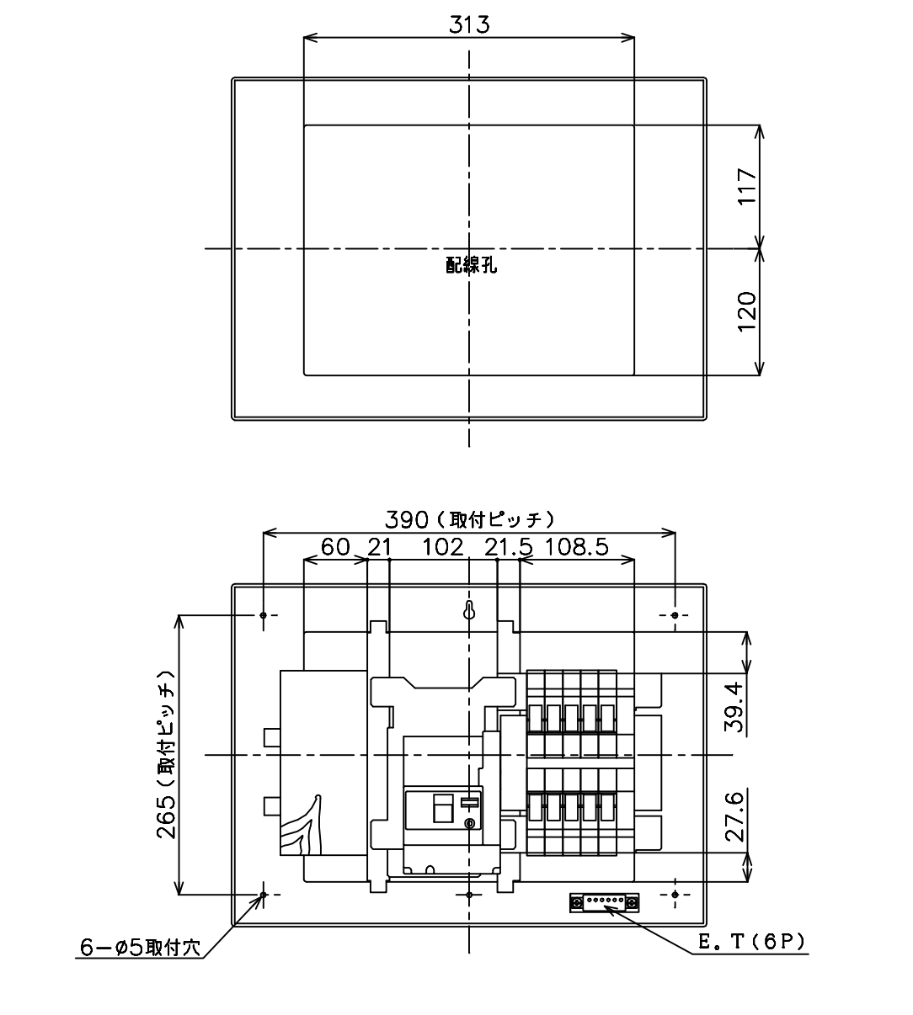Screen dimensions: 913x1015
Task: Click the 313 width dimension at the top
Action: point(469,24)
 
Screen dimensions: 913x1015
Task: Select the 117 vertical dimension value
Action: point(747,186)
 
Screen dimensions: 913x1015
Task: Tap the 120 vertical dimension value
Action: point(747,311)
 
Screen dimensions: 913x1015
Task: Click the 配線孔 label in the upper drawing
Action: point(472,264)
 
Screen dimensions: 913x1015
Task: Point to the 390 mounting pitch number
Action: point(407,519)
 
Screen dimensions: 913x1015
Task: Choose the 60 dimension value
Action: point(335,547)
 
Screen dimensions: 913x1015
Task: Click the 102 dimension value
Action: point(443,547)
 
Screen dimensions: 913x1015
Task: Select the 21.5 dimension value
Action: point(509,547)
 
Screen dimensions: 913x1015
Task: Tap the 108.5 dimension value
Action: point(577,547)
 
